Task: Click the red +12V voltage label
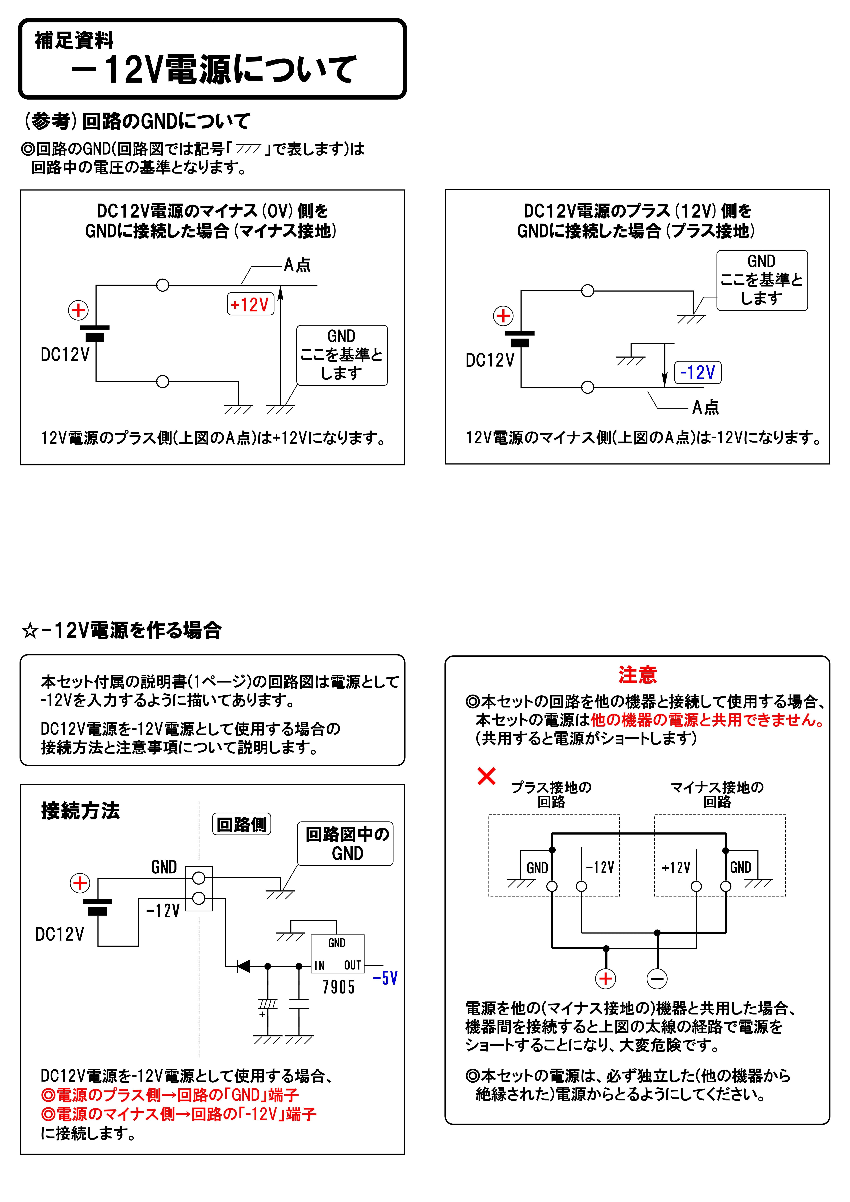pos(250,304)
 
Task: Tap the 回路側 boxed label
pos(241,825)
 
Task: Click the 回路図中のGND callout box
pos(346,843)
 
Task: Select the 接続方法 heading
pos(81,811)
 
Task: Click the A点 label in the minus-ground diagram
pos(297,265)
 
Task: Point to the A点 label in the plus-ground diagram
pos(705,407)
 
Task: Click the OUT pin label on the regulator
pos(352,965)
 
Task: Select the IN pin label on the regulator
pos(320,965)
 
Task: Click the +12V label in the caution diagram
pos(676,868)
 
